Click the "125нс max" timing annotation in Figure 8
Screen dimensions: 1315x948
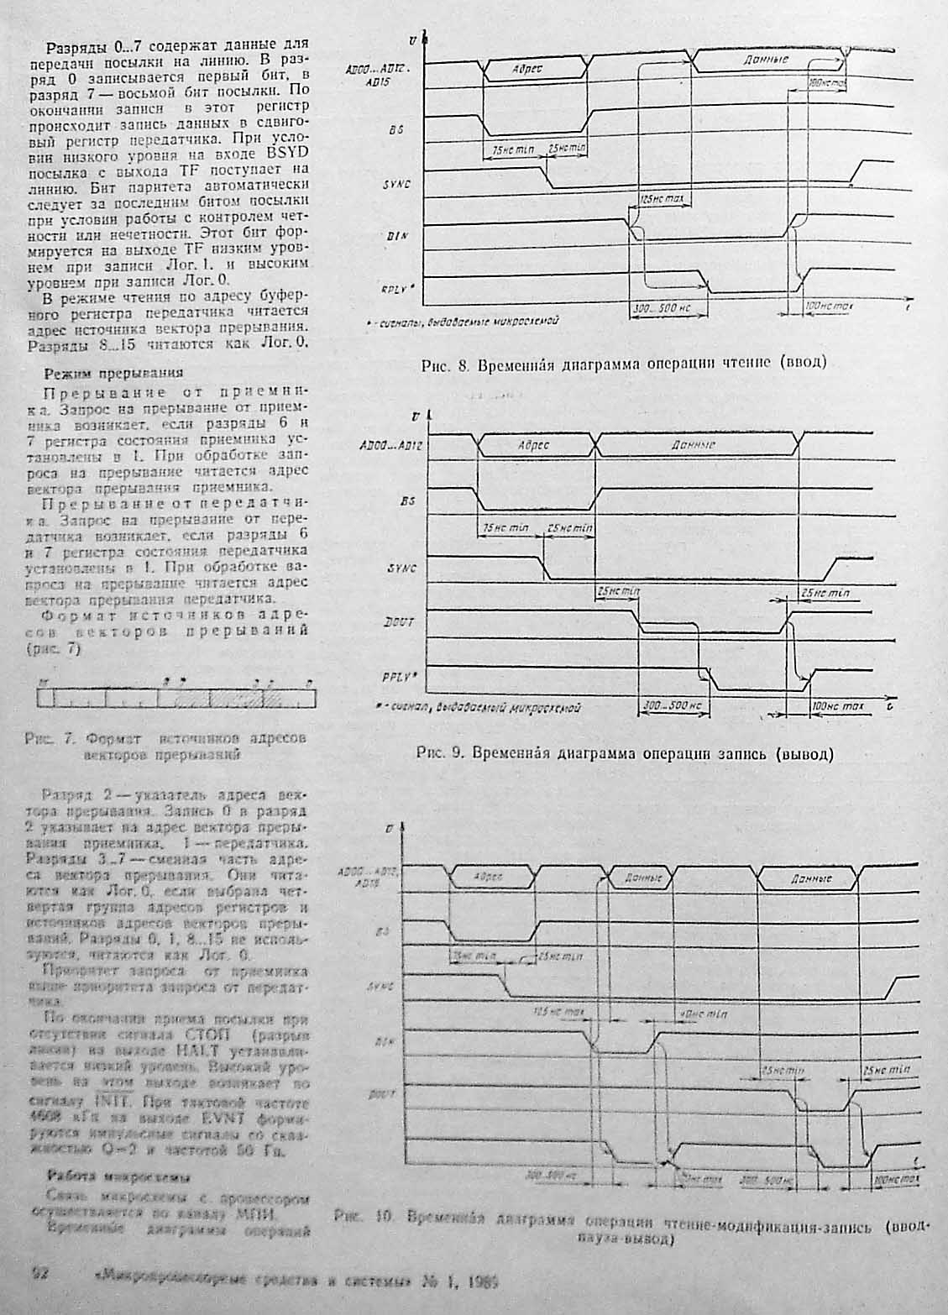[663, 200]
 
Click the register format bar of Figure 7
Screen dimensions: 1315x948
[175, 698]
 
